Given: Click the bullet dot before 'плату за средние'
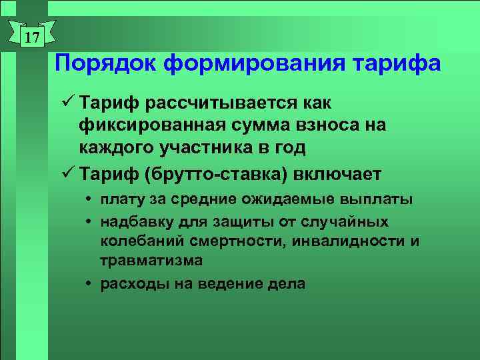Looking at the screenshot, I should tap(89, 200).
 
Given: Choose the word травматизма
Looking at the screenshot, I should tap(151, 260).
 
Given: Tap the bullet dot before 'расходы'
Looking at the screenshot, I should tap(89, 284).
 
